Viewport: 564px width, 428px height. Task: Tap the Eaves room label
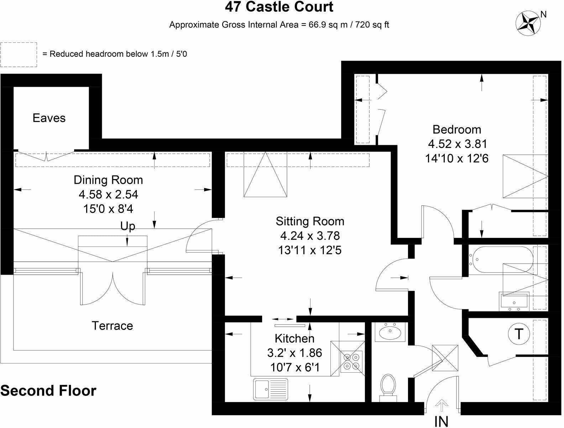coord(49,118)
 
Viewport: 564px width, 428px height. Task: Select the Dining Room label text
coord(108,180)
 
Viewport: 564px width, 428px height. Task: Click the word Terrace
coord(113,326)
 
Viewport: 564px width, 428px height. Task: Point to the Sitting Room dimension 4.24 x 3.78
coord(310,236)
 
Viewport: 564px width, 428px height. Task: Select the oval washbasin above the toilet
coord(390,332)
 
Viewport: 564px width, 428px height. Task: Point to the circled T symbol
coord(519,335)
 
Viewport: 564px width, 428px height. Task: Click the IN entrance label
coord(441,422)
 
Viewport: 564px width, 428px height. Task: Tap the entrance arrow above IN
coord(442,406)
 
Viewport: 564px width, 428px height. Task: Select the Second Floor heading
coord(48,391)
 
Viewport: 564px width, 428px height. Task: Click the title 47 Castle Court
coord(279,7)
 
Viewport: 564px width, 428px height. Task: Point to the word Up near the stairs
coord(127,226)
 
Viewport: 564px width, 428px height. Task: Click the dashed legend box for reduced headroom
coord(19,55)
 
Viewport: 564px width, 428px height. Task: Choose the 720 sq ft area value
coord(370,25)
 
